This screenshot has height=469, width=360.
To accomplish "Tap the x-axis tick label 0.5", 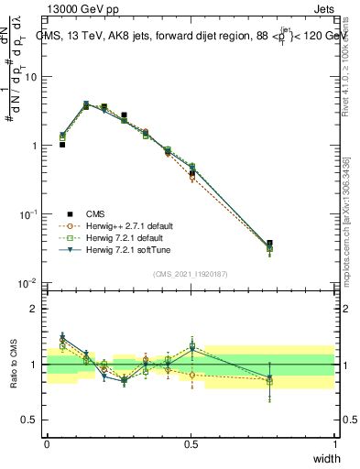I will coord(191,444).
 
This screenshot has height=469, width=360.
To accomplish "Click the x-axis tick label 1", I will coord(335,444).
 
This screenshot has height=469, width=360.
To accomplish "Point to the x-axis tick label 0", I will coord(47,444).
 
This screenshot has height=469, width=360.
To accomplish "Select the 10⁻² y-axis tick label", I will coord(30,283).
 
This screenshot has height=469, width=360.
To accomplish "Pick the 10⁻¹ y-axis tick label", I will coord(30,214).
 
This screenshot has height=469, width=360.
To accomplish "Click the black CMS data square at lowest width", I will coord(62,145).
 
